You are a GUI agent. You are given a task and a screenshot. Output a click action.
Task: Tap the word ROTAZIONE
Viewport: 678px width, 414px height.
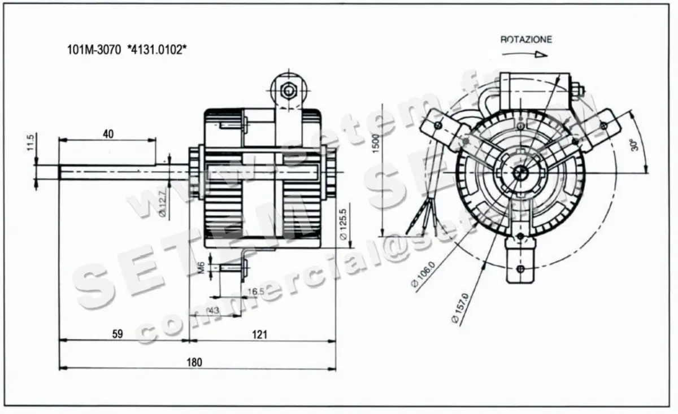pyautogui.click(x=526, y=40)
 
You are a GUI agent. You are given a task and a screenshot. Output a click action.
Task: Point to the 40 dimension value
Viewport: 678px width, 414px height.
pyautogui.click(x=108, y=134)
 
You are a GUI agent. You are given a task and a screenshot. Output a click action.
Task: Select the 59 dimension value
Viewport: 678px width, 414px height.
pyautogui.click(x=117, y=334)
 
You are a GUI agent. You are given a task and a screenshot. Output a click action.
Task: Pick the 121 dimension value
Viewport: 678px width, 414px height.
pyautogui.click(x=259, y=334)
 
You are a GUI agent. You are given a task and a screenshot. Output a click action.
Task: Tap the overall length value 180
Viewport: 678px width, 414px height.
pyautogui.click(x=194, y=361)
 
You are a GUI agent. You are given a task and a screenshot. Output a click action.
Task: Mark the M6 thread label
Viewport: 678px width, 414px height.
pyautogui.click(x=202, y=267)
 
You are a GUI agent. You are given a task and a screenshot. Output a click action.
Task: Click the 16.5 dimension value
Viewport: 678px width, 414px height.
pyautogui.click(x=256, y=291)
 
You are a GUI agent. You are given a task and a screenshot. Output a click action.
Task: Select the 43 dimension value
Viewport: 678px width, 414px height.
pyautogui.click(x=214, y=310)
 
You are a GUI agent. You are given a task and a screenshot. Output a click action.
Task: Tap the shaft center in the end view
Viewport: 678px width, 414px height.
pyautogui.click(x=520, y=172)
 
